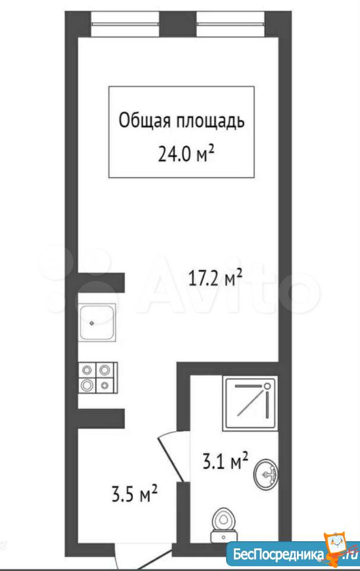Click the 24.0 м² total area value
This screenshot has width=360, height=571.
click(186, 153)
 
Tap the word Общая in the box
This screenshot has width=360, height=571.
click(144, 120)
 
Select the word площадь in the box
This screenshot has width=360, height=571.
click(210, 121)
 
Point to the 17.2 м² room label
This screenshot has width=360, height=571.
click(215, 278)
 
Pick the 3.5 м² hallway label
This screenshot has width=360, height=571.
click(134, 494)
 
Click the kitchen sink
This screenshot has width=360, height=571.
click(97, 322)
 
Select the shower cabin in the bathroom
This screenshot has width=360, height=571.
click(251, 403)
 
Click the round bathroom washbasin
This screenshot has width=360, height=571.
click(267, 473)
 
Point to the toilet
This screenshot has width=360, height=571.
click(224, 525)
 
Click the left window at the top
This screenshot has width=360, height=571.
click(125, 24)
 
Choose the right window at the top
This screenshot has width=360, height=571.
click(230, 24)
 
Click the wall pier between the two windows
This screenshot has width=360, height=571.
click(178, 24)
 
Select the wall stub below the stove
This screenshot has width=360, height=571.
click(101, 418)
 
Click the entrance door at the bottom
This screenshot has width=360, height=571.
click(144, 557)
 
